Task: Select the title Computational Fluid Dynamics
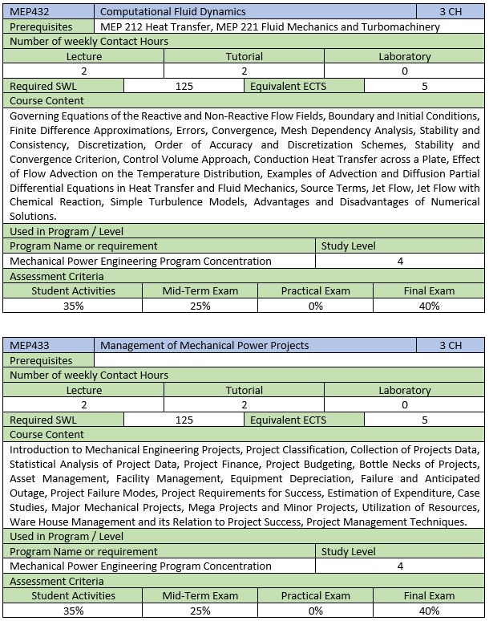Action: click(x=173, y=11)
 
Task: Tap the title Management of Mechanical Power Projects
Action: click(x=204, y=346)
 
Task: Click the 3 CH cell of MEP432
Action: click(x=451, y=11)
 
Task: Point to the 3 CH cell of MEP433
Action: click(x=451, y=346)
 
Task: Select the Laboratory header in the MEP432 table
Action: click(x=404, y=57)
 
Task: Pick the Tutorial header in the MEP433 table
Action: click(x=244, y=391)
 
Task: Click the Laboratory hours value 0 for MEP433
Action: click(x=404, y=405)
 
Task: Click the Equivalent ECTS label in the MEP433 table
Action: click(x=288, y=420)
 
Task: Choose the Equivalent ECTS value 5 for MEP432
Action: click(x=424, y=86)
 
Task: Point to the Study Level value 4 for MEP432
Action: click(x=400, y=261)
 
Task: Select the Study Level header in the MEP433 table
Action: click(x=348, y=552)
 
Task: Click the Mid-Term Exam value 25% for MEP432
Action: click(x=200, y=306)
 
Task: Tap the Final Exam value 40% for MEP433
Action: click(x=429, y=611)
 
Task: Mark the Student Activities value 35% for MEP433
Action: click(x=73, y=611)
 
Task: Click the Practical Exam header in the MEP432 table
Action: click(x=315, y=290)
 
